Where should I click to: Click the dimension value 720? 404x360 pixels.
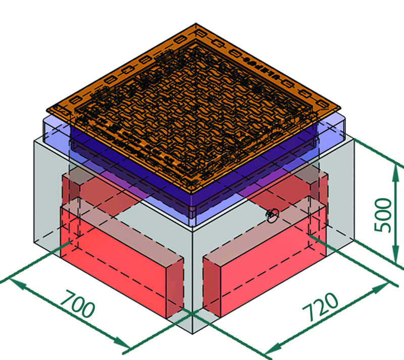(x=320, y=306)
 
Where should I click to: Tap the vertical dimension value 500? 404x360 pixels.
(x=383, y=215)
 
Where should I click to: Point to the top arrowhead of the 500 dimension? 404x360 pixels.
(x=395, y=173)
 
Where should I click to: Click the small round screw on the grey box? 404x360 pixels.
(x=273, y=215)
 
